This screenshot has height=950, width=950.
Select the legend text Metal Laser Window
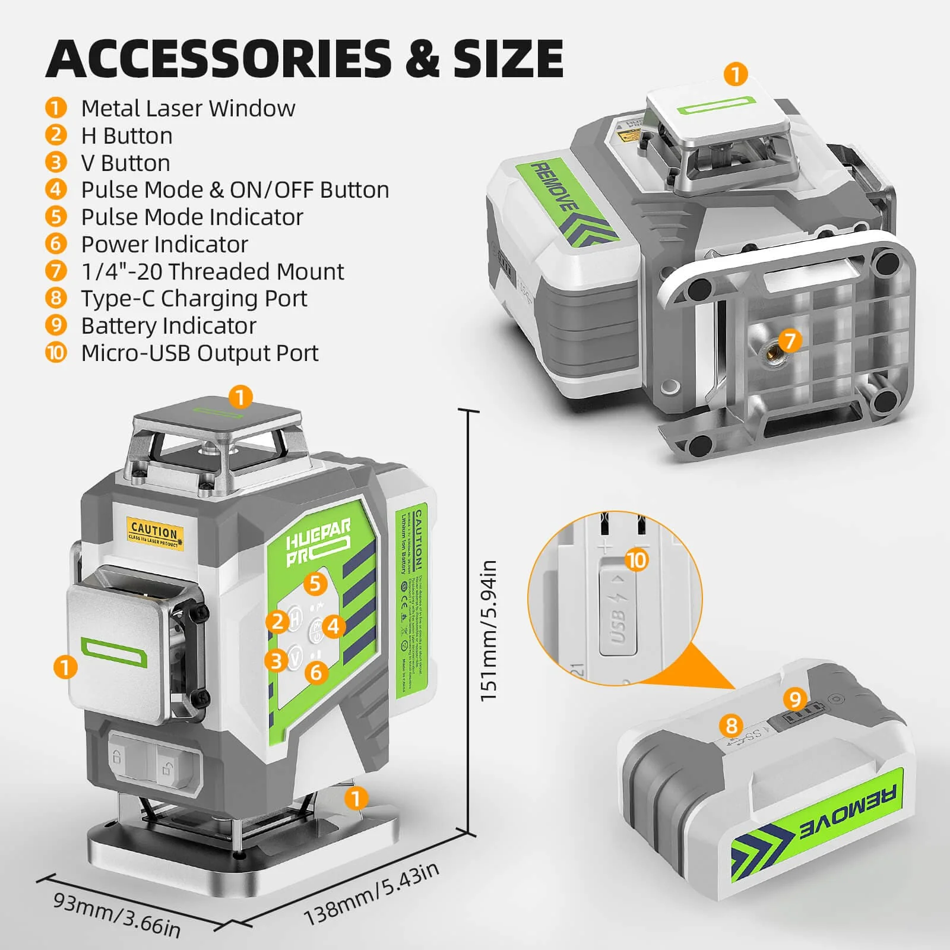[188, 109]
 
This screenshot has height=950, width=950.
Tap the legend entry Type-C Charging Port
[194, 298]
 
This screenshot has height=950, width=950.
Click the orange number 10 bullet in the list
[56, 353]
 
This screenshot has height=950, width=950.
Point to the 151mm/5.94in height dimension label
[488, 631]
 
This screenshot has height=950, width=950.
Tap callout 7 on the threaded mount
[790, 341]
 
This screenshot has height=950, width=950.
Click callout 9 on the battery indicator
[795, 699]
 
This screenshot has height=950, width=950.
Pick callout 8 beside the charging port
[731, 725]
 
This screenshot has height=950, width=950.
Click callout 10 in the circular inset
[636, 560]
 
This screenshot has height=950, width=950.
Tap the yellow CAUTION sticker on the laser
[155, 531]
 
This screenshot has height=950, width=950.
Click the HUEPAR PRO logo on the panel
[317, 541]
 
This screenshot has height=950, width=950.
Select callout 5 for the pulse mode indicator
[315, 584]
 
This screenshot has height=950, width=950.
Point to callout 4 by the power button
[334, 626]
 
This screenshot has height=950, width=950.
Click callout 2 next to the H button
[277, 622]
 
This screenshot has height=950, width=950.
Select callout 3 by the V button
[276, 660]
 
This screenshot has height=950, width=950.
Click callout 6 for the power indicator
[316, 672]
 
